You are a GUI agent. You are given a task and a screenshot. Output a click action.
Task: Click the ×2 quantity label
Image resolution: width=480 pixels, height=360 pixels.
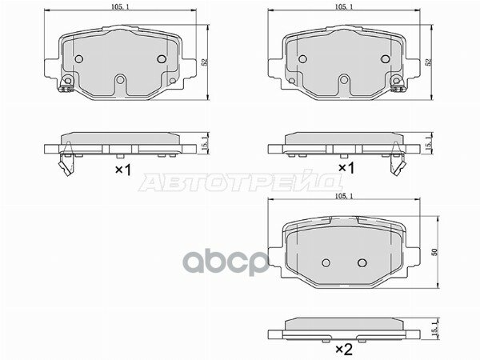pyautogui.click(x=344, y=349)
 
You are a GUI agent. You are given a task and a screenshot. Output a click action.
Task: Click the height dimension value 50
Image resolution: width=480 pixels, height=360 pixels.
pyautogui.click(x=436, y=252)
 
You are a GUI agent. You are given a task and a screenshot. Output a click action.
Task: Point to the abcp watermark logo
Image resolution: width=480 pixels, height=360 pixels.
pyautogui.click(x=226, y=262)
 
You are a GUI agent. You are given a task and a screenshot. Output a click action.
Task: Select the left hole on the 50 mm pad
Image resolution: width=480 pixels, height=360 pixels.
pyautogui.click(x=326, y=262)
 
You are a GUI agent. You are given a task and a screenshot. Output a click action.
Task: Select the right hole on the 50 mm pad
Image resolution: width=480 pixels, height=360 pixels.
pyautogui.click(x=362, y=262)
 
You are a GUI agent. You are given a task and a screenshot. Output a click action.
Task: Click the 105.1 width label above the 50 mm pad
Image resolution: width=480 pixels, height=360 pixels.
pyautogui.click(x=344, y=197)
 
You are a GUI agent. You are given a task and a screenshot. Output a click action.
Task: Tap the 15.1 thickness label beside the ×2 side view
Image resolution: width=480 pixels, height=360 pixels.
pyautogui.click(x=434, y=331)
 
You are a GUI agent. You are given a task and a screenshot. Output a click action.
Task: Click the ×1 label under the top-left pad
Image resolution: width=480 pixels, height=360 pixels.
pyautogui.click(x=123, y=170)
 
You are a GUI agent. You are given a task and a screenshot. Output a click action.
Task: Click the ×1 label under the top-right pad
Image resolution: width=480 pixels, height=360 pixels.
pyautogui.click(x=346, y=168)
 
